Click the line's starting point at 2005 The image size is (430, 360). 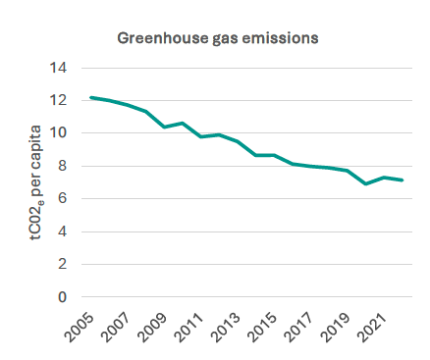click(90, 97)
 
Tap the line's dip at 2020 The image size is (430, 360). click(366, 183)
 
